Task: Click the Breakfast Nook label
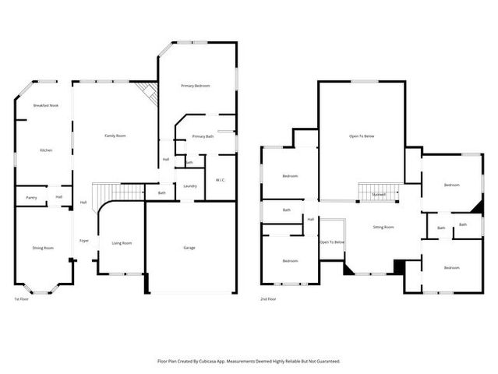pos(45,105)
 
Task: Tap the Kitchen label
pos(46,150)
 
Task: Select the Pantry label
pos(31,198)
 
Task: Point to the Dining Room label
pos(43,248)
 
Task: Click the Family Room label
pos(115,136)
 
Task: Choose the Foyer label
pos(84,241)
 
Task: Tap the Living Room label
pos(122,243)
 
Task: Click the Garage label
pos(189,248)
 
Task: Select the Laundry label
pos(190,185)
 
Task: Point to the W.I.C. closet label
pos(221,180)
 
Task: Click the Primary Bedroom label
pos(196,86)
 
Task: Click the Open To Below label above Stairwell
pos(362,136)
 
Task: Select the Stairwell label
pos(379,194)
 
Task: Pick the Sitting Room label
pos(383,228)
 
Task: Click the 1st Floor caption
pos(21,299)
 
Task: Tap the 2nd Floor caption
pos(267,299)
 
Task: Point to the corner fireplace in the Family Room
pos(148,93)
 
